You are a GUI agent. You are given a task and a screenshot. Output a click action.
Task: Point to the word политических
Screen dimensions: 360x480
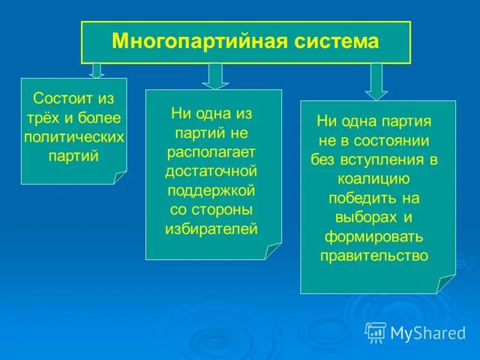(x=74, y=137)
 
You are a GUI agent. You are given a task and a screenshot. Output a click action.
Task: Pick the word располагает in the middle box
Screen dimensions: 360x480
(x=211, y=152)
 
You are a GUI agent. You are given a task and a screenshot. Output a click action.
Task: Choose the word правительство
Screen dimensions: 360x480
(x=374, y=256)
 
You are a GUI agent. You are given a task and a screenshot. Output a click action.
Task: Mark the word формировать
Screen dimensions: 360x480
(x=374, y=236)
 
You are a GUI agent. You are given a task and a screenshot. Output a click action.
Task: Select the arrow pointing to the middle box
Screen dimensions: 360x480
(x=215, y=76)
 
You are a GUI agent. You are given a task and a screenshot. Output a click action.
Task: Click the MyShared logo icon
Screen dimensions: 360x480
(x=376, y=332)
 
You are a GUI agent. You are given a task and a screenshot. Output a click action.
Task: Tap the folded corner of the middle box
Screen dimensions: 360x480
(x=273, y=251)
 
